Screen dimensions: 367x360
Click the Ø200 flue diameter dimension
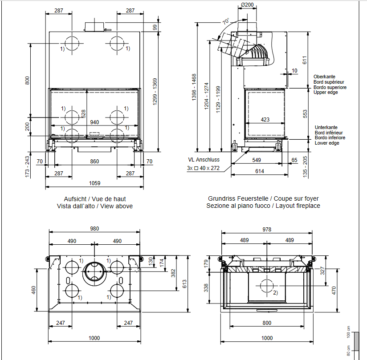point(247,5)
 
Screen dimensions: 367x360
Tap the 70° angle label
point(226,21)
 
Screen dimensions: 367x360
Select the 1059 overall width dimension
point(94,183)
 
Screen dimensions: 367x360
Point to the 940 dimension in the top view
point(94,122)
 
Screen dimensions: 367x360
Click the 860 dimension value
point(94,162)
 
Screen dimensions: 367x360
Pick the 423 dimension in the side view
point(265,120)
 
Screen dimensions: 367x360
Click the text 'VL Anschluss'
point(204,160)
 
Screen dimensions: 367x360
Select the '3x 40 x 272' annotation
point(203,168)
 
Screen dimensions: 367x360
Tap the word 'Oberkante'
point(324,77)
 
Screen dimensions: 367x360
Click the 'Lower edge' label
point(327,143)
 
